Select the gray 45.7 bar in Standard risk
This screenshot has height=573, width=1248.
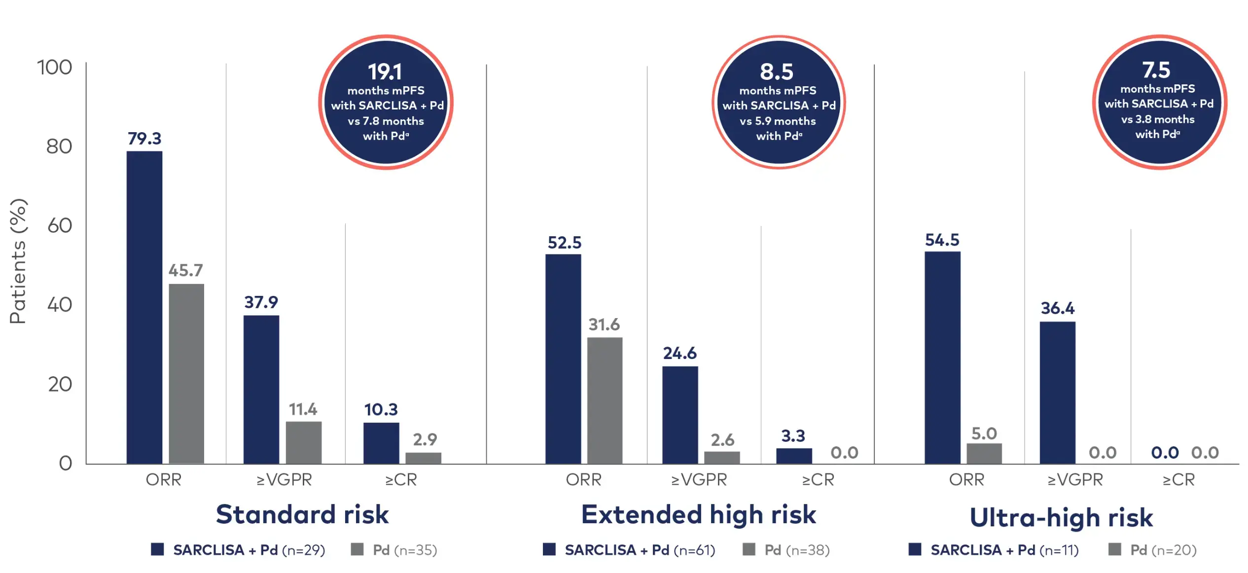(186, 373)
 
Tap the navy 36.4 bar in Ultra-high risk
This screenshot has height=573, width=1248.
(1057, 393)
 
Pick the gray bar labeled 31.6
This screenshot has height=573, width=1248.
(605, 400)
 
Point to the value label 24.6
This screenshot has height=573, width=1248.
(679, 353)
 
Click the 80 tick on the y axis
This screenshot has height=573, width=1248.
(59, 146)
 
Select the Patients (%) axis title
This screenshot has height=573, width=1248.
(18, 261)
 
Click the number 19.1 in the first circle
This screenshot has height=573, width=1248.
(385, 72)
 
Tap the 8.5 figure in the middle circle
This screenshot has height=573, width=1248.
(777, 72)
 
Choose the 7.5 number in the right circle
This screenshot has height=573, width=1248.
(1156, 70)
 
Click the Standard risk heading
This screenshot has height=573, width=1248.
(302, 514)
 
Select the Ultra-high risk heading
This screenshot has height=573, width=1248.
(1061, 517)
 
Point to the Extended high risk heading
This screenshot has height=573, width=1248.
(699, 514)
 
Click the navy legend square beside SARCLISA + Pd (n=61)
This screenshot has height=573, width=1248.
(549, 549)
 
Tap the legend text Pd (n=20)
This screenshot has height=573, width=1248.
(1163, 550)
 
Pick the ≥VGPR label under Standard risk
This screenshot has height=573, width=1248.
(285, 479)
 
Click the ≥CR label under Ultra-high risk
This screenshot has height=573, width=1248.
(1178, 479)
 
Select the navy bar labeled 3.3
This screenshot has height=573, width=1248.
(794, 456)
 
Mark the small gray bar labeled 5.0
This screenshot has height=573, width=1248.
(984, 453)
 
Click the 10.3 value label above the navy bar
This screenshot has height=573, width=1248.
(381, 409)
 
